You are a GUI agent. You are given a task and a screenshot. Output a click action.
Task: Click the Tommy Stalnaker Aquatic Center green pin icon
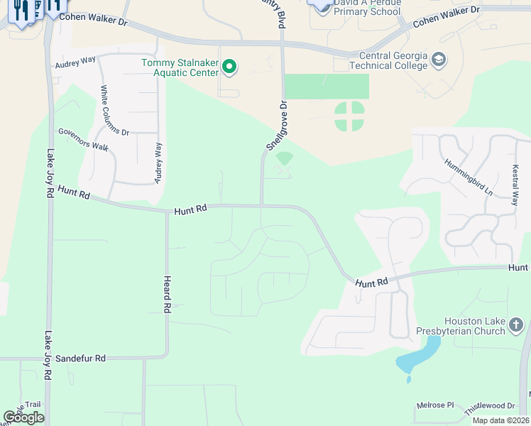coord(229,67)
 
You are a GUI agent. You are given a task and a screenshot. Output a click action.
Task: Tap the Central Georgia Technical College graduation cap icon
coord(439,60)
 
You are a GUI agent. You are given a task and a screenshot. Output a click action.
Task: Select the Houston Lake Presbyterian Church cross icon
coord(516,326)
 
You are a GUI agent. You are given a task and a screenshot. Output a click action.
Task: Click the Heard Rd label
coord(168,295)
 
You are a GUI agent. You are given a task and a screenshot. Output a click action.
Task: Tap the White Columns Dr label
coord(114,111)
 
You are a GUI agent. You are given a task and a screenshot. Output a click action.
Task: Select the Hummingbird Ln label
coord(469,177)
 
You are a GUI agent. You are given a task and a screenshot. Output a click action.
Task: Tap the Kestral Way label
coord(515,186)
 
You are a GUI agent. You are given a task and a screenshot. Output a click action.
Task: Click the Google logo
coord(24,417)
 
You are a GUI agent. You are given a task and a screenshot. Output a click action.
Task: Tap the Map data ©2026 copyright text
coord(500,420)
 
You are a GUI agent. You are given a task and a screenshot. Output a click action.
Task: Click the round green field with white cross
coord(349,116)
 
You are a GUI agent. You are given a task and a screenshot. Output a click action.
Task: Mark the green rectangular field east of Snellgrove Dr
coord(327,87)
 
